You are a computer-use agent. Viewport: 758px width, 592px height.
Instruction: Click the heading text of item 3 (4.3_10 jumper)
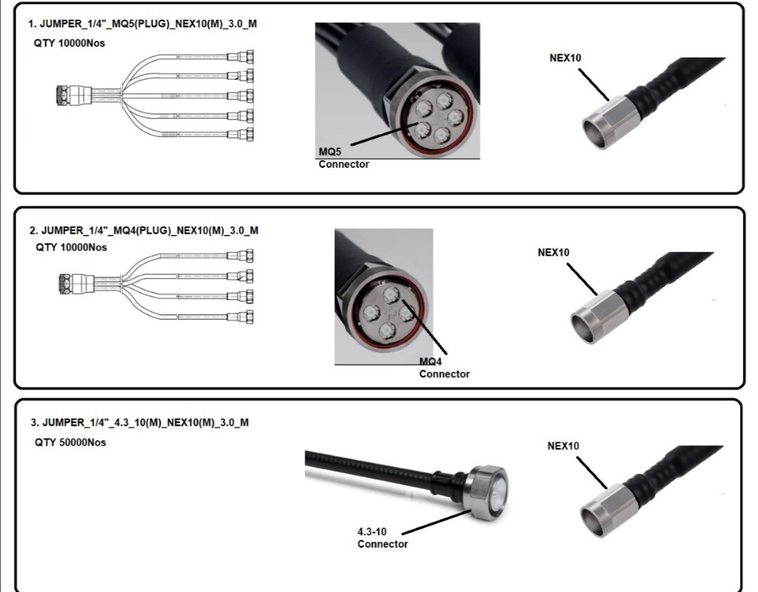tap(139, 423)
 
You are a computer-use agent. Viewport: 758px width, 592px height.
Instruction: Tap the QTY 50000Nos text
tap(70, 443)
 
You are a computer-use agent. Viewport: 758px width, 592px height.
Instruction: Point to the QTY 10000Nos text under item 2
tap(72, 248)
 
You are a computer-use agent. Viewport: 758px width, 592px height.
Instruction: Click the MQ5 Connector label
tap(343, 158)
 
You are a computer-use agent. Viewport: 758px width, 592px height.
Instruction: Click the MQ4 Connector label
tap(444, 368)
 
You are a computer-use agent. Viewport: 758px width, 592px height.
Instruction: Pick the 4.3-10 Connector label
tap(383, 538)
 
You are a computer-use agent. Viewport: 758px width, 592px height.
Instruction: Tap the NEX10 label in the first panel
tap(565, 58)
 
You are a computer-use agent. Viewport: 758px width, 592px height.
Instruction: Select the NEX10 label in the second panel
tap(554, 253)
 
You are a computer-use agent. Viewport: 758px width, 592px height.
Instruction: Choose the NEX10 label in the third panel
tap(563, 446)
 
